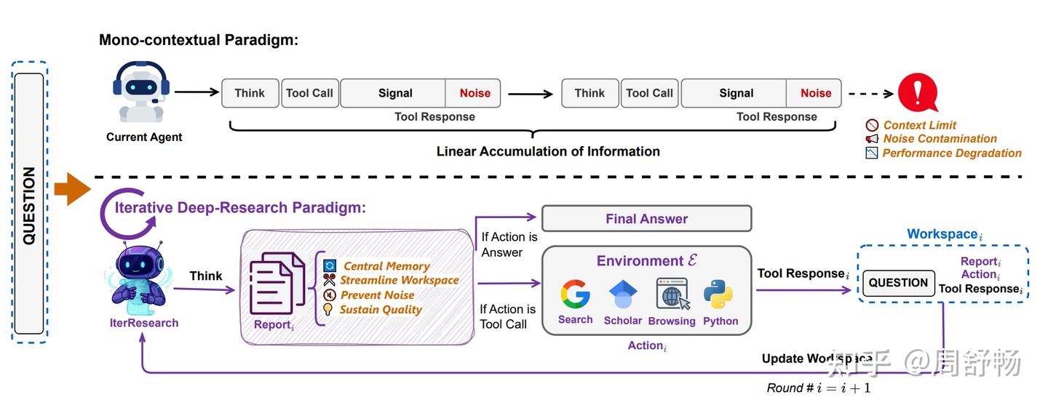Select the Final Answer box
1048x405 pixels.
(646, 219)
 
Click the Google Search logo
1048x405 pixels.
(575, 294)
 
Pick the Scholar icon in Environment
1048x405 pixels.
(622, 294)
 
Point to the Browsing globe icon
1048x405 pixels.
(672, 294)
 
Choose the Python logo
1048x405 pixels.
(720, 294)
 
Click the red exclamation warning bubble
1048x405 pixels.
(917, 92)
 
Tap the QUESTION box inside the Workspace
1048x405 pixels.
(898, 283)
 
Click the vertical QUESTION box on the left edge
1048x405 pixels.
(29, 204)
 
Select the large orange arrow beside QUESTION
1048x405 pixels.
(71, 191)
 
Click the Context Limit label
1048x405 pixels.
(919, 125)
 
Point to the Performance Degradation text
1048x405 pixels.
(951, 153)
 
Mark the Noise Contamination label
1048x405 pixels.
(940, 139)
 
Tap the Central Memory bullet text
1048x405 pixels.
(386, 266)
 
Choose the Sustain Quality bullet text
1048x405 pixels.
(381, 310)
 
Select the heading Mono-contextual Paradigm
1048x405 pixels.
(199, 40)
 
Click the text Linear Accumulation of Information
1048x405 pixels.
(547, 151)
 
